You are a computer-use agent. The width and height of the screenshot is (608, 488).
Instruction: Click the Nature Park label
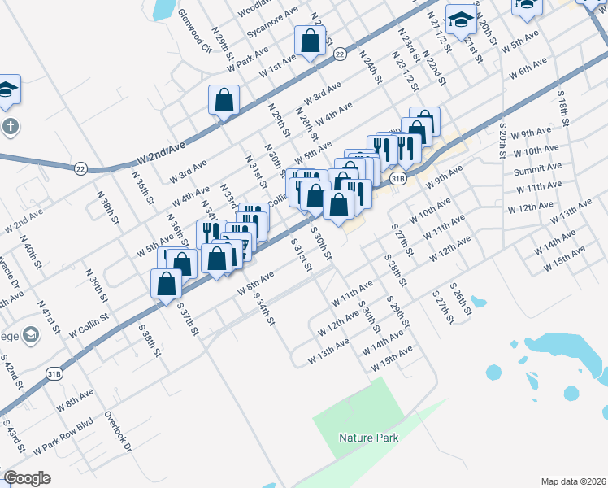pos(368,438)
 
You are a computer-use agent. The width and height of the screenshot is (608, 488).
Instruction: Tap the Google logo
pos(27,477)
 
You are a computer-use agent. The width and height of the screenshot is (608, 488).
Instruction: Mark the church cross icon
pos(8,127)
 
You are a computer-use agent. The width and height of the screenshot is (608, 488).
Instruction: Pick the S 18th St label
pos(562,105)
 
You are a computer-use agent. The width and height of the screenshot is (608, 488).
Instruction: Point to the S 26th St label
pos(462,302)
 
